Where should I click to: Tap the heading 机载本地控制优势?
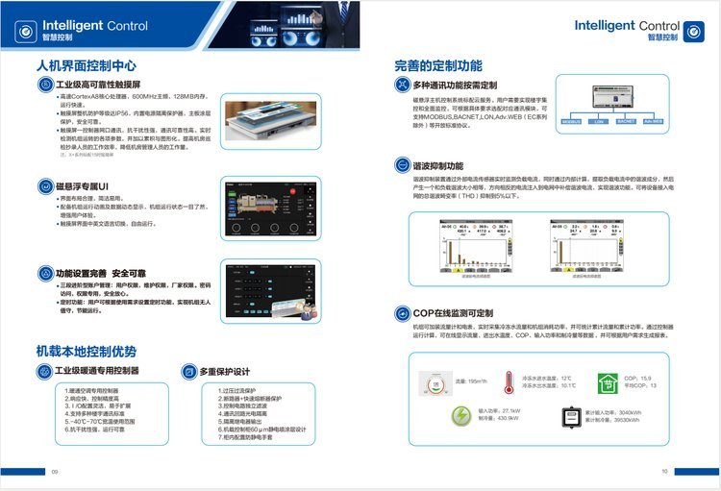pyautogui.click(x=86, y=351)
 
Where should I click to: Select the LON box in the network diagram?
pyautogui.click(x=599, y=122)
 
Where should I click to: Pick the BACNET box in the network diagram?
pyautogui.click(x=626, y=122)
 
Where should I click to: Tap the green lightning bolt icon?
pyautogui.click(x=461, y=415)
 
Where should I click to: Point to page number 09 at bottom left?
pyautogui.click(x=55, y=471)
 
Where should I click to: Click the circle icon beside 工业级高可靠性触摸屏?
pyautogui.click(x=46, y=86)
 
